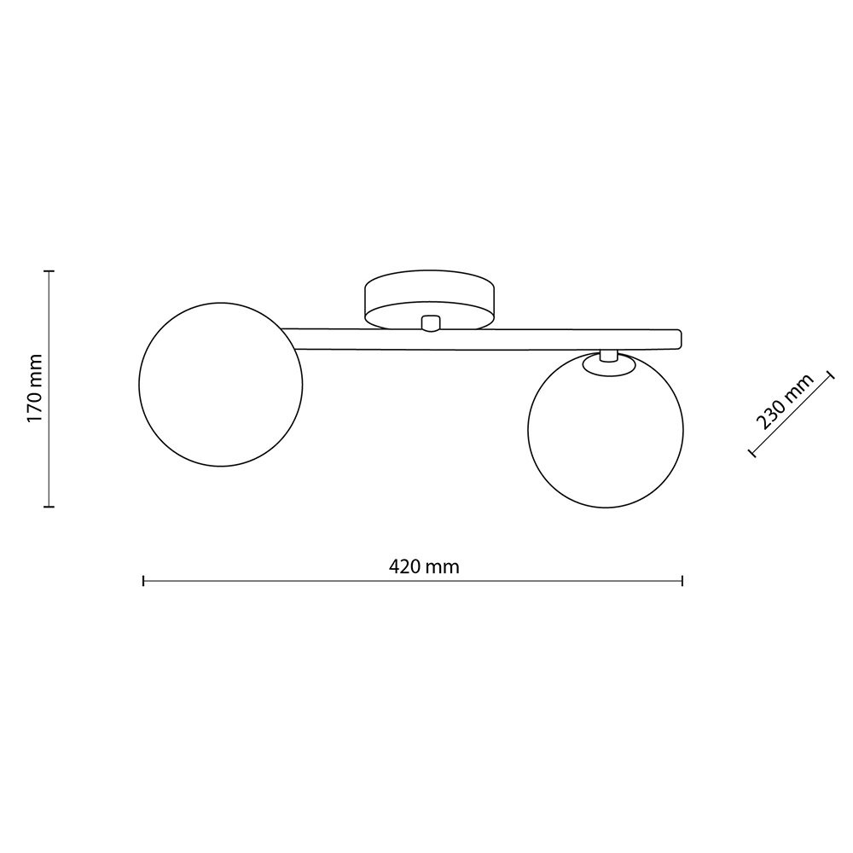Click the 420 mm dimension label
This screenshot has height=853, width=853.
[424, 567]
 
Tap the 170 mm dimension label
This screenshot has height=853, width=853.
[34, 387]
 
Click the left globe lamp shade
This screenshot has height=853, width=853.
[221, 385]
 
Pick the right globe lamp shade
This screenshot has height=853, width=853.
[606, 430]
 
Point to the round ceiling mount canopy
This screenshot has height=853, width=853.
[429, 299]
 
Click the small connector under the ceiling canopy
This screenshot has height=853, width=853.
[430, 323]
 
